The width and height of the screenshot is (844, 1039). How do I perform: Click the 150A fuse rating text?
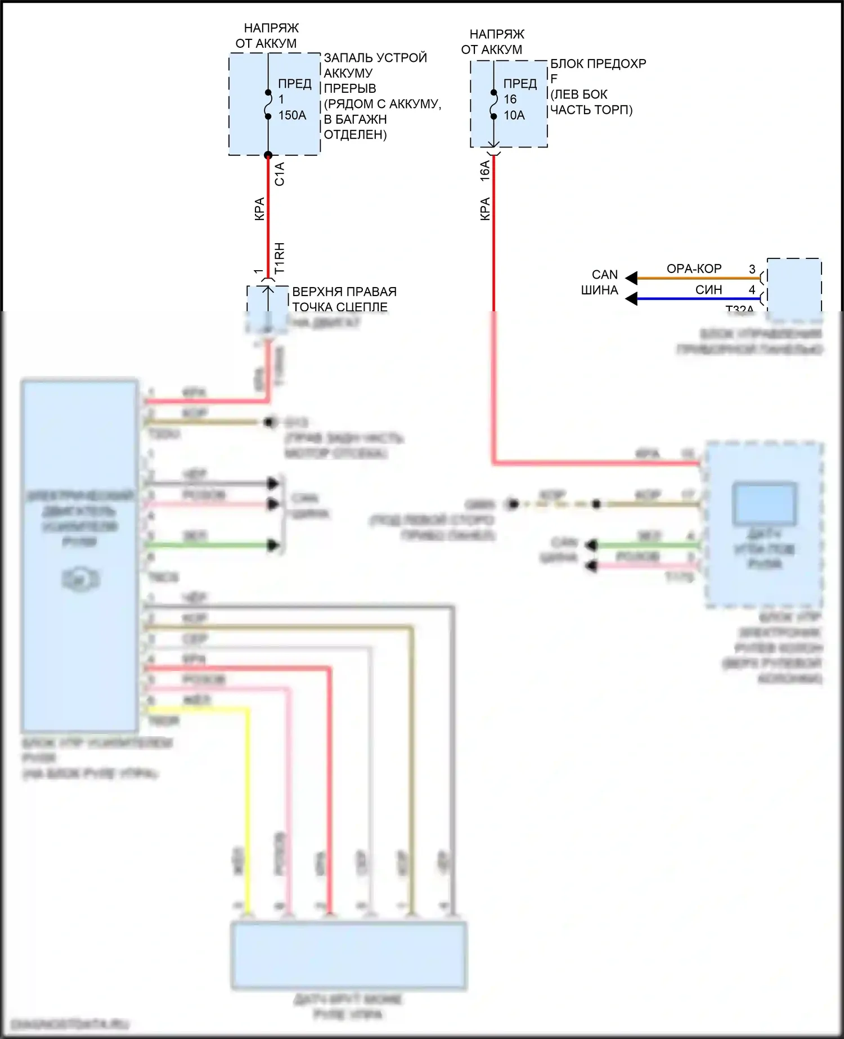292,115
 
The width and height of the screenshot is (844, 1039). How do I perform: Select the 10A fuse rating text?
514,115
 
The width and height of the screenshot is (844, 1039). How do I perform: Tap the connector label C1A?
280,174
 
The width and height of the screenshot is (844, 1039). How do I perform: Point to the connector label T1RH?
280,258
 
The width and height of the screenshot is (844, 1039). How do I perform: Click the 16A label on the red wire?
484,171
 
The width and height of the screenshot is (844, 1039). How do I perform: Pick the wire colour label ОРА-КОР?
694,269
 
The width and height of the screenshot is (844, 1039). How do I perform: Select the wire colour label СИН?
708,290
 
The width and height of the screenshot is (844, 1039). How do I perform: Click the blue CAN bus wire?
698,298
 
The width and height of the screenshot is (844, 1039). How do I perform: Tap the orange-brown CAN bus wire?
698,277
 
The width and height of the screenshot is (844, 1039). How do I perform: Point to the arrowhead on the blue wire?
632,298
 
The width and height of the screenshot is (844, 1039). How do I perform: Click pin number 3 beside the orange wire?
752,269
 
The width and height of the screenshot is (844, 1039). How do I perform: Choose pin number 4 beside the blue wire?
752,290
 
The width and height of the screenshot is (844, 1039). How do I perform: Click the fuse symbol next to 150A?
268,104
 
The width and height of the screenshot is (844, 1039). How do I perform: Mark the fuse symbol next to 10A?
493,104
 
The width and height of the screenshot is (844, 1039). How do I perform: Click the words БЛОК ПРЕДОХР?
598,64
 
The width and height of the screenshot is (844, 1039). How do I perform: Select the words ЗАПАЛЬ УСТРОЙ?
375,57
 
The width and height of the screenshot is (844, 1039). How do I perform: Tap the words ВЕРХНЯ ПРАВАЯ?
344,292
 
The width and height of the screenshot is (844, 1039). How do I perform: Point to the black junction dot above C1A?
268,155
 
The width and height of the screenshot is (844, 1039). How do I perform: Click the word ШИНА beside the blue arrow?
599,290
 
